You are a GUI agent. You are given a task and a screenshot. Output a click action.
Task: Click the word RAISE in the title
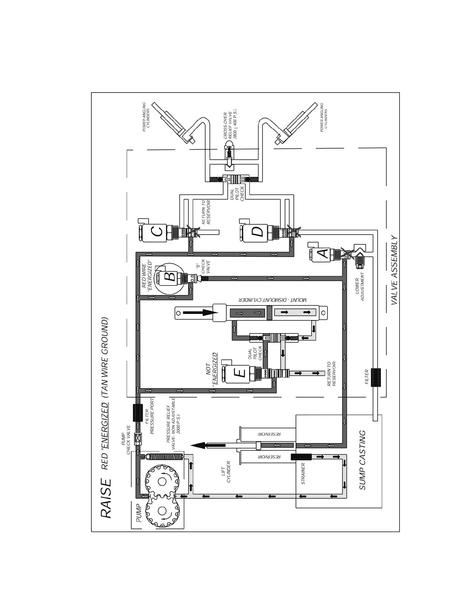106,498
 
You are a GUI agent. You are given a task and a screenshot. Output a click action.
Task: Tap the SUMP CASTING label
362,460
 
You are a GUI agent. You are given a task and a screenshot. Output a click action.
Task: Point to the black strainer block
301,456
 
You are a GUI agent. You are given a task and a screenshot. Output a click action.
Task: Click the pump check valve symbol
137,438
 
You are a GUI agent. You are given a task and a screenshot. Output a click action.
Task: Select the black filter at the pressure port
137,412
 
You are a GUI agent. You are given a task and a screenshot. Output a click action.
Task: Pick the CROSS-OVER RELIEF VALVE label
230,125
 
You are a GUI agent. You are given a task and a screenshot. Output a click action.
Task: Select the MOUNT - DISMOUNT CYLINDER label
273,300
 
